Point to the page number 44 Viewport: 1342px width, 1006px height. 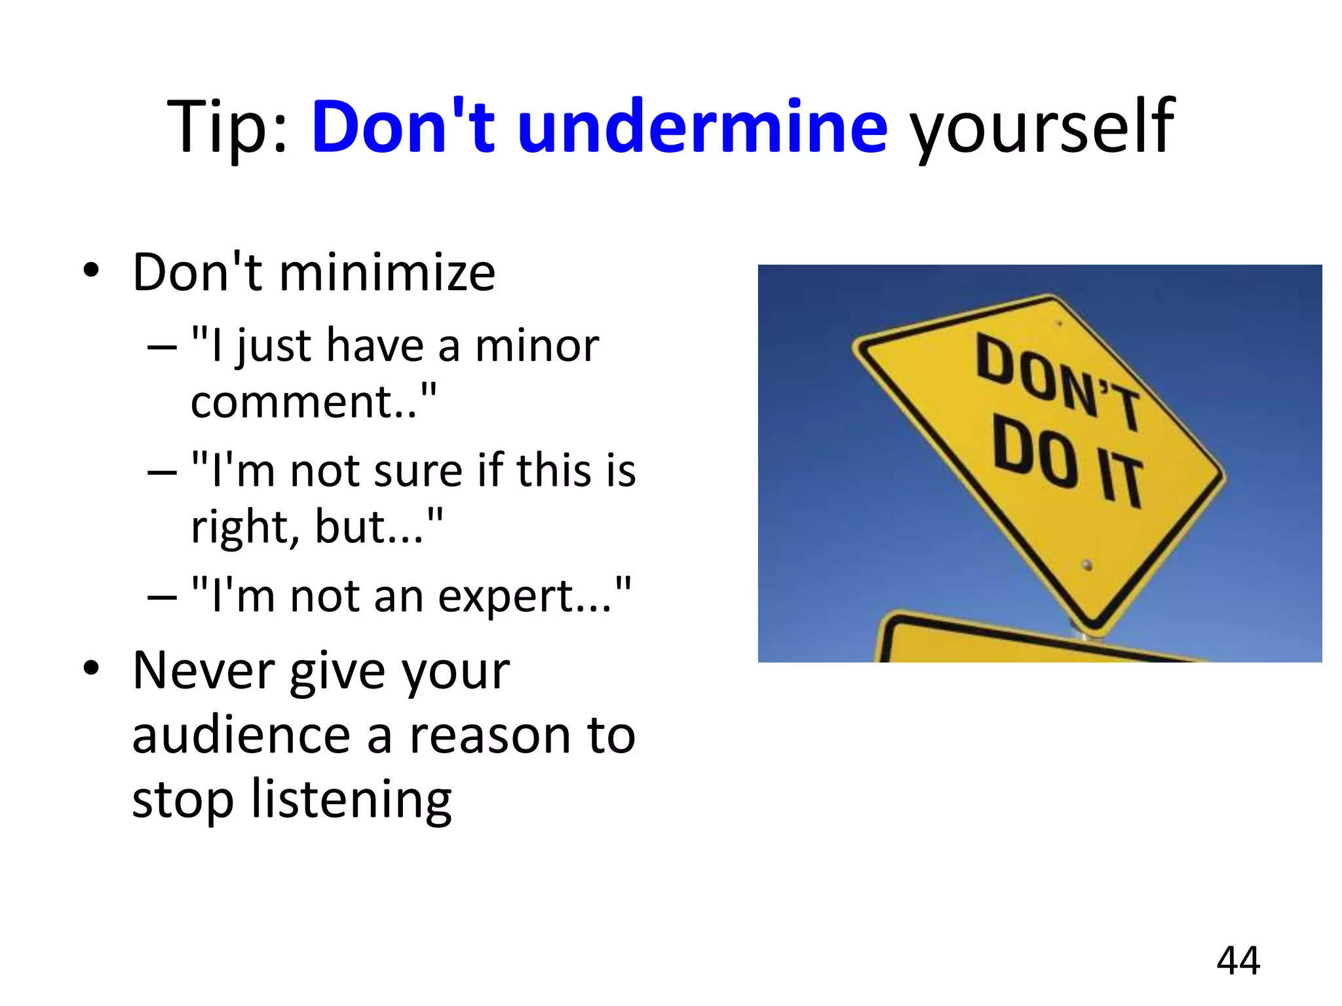pyautogui.click(x=1238, y=961)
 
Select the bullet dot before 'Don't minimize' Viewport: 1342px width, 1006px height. pyautogui.click(x=91, y=270)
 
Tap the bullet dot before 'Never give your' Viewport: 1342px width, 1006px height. pyautogui.click(x=91, y=668)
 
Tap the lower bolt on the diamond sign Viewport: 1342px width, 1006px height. pyautogui.click(x=1087, y=565)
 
